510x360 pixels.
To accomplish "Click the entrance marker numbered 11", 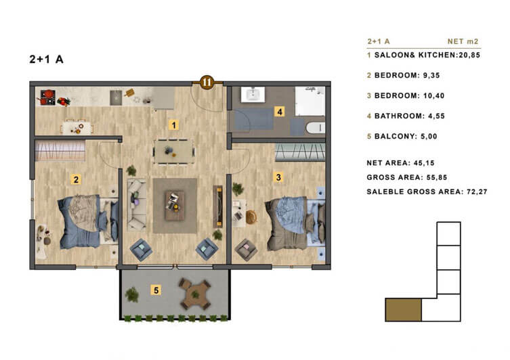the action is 207,82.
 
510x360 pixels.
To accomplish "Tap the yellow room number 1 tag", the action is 173,125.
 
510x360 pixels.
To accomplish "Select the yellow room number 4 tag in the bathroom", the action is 280,112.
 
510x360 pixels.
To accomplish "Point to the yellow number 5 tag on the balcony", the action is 156,290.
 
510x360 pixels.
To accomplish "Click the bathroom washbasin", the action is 253,95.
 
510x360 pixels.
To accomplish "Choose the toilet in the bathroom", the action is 315,128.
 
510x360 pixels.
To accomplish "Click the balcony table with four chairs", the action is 195,294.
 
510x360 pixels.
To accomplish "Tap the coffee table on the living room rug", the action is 174,206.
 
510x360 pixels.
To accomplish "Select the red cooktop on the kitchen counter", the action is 47,97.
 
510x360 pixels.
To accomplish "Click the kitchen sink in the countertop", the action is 116,98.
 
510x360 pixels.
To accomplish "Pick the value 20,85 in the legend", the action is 469,55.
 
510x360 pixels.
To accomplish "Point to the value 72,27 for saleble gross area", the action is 477,192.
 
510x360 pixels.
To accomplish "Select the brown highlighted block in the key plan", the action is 403,310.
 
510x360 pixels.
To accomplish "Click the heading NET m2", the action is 463,41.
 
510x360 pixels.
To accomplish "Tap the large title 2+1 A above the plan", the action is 46,59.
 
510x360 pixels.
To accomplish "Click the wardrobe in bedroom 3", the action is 300,152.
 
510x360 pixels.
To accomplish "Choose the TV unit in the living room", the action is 217,206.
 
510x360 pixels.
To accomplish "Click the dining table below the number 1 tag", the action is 174,152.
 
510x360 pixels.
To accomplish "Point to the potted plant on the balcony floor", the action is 132,294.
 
